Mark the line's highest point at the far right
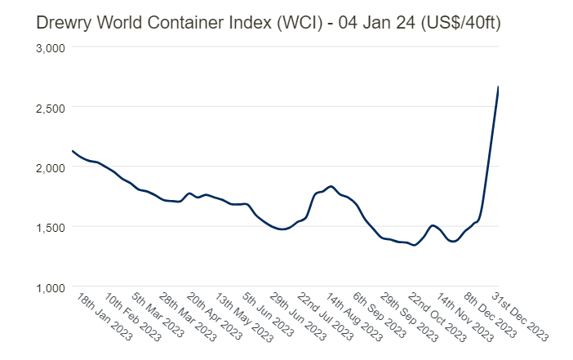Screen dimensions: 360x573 [498, 87]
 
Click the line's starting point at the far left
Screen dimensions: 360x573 [73, 151]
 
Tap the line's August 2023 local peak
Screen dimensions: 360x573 [331, 186]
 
